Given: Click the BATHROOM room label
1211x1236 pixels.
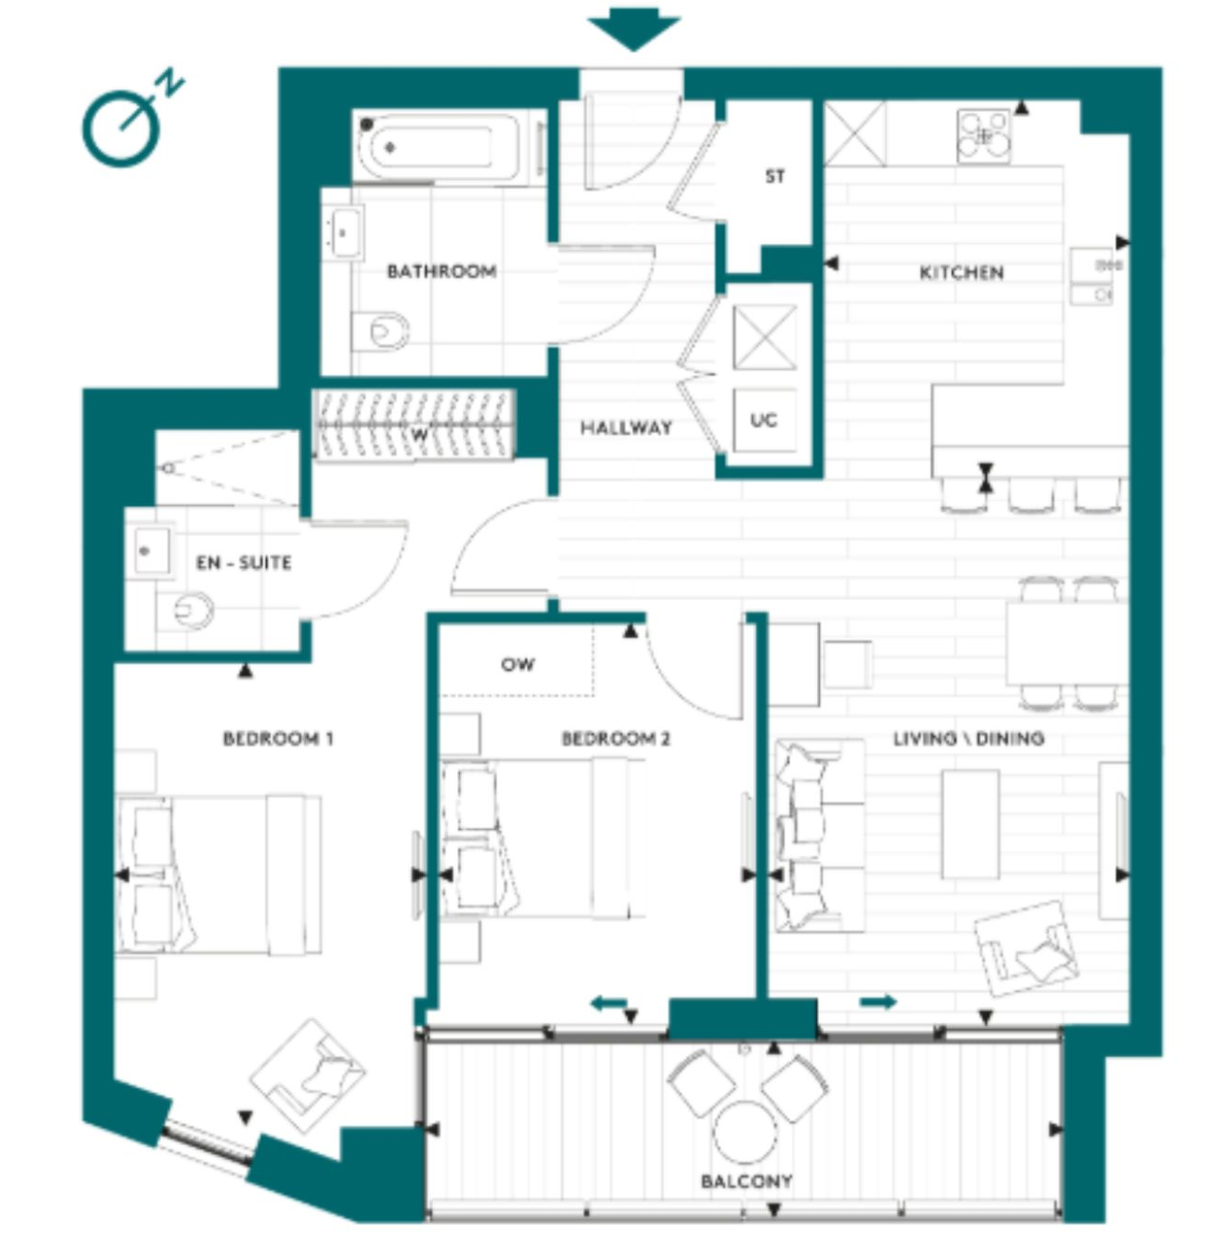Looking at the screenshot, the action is [441, 272].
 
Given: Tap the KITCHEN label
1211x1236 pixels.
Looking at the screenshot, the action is [962, 273].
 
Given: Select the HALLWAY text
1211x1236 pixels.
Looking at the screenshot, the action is [626, 427].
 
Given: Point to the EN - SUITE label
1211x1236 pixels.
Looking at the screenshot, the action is [244, 563].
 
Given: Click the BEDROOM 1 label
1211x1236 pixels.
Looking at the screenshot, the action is [278, 739].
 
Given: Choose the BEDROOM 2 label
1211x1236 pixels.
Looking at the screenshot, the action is [616, 739].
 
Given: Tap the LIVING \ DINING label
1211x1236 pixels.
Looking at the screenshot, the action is [969, 738].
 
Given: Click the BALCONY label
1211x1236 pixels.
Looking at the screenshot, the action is [746, 1180].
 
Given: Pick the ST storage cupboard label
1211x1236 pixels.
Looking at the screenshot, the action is [775, 176].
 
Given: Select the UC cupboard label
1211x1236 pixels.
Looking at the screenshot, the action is [763, 420].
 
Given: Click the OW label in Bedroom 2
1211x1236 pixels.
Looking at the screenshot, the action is [517, 664].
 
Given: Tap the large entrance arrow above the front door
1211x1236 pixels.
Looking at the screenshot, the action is [633, 29].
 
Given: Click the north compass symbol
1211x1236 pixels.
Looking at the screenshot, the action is [132, 120].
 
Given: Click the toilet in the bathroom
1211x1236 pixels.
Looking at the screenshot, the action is [381, 331].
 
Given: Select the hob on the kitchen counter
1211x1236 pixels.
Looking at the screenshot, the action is [984, 135].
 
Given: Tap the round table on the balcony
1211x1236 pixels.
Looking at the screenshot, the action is [746, 1132].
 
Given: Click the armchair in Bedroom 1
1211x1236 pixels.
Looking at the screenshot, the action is [308, 1076].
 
